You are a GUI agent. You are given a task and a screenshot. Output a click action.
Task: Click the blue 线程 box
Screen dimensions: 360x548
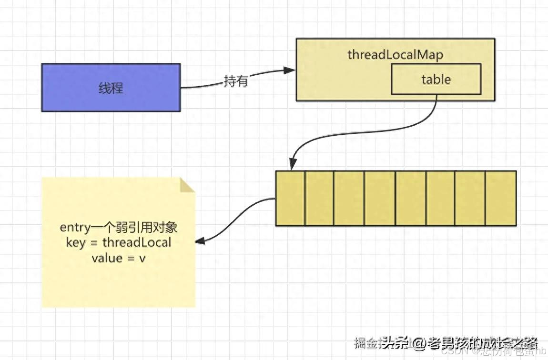(x=111, y=88)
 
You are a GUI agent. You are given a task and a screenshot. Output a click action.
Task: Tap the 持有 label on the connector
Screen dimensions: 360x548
(x=236, y=81)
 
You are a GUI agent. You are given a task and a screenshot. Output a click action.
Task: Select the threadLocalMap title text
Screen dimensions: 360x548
(x=395, y=54)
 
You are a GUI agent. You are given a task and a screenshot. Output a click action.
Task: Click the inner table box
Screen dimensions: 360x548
(x=436, y=79)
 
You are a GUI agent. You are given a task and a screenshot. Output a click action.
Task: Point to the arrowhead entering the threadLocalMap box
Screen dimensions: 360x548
(x=290, y=70)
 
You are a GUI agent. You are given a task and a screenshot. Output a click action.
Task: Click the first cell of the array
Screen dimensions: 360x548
(x=290, y=198)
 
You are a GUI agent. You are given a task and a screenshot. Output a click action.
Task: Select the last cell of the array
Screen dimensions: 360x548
(x=500, y=198)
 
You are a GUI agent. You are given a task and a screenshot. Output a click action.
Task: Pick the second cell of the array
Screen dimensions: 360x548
(x=319, y=198)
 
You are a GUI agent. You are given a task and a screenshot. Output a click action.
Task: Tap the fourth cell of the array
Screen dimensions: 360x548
(x=380, y=198)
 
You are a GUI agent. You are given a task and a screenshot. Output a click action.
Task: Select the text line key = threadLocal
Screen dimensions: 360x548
(x=118, y=242)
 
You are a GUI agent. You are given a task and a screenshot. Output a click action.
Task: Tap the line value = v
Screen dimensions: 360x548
(x=118, y=258)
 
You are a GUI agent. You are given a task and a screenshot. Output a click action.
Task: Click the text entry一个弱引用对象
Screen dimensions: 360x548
(x=118, y=227)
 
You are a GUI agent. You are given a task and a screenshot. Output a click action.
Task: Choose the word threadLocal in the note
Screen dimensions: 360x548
(x=136, y=242)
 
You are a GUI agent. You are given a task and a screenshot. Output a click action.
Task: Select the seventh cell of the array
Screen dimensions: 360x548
(x=470, y=198)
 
